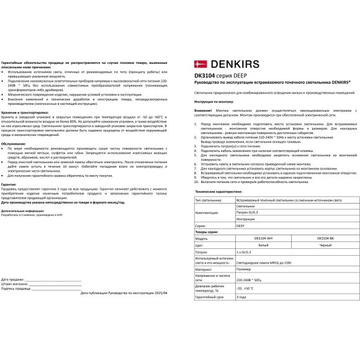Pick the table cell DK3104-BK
point(326,238)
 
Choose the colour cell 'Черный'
point(326,245)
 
